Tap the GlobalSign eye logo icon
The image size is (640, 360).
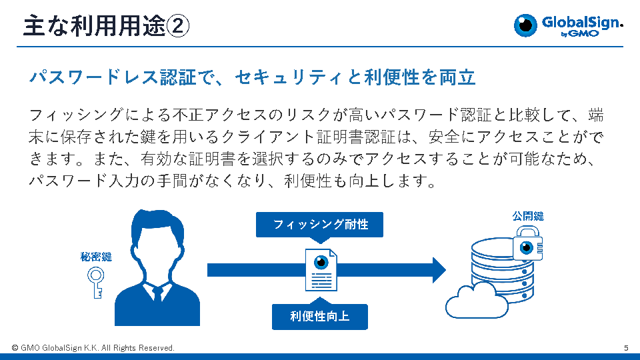click(x=526, y=25)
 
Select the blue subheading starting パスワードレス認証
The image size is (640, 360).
click(x=252, y=77)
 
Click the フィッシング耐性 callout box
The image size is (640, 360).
click(x=321, y=225)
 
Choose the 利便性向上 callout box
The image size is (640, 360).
click(x=320, y=317)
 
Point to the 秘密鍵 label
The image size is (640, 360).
click(x=96, y=257)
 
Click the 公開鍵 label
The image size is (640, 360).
click(x=528, y=216)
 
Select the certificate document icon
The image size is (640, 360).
click(x=321, y=269)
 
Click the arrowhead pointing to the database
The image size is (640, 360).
click(x=438, y=270)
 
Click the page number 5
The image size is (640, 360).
click(x=626, y=348)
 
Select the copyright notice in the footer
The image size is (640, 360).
click(x=93, y=348)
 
